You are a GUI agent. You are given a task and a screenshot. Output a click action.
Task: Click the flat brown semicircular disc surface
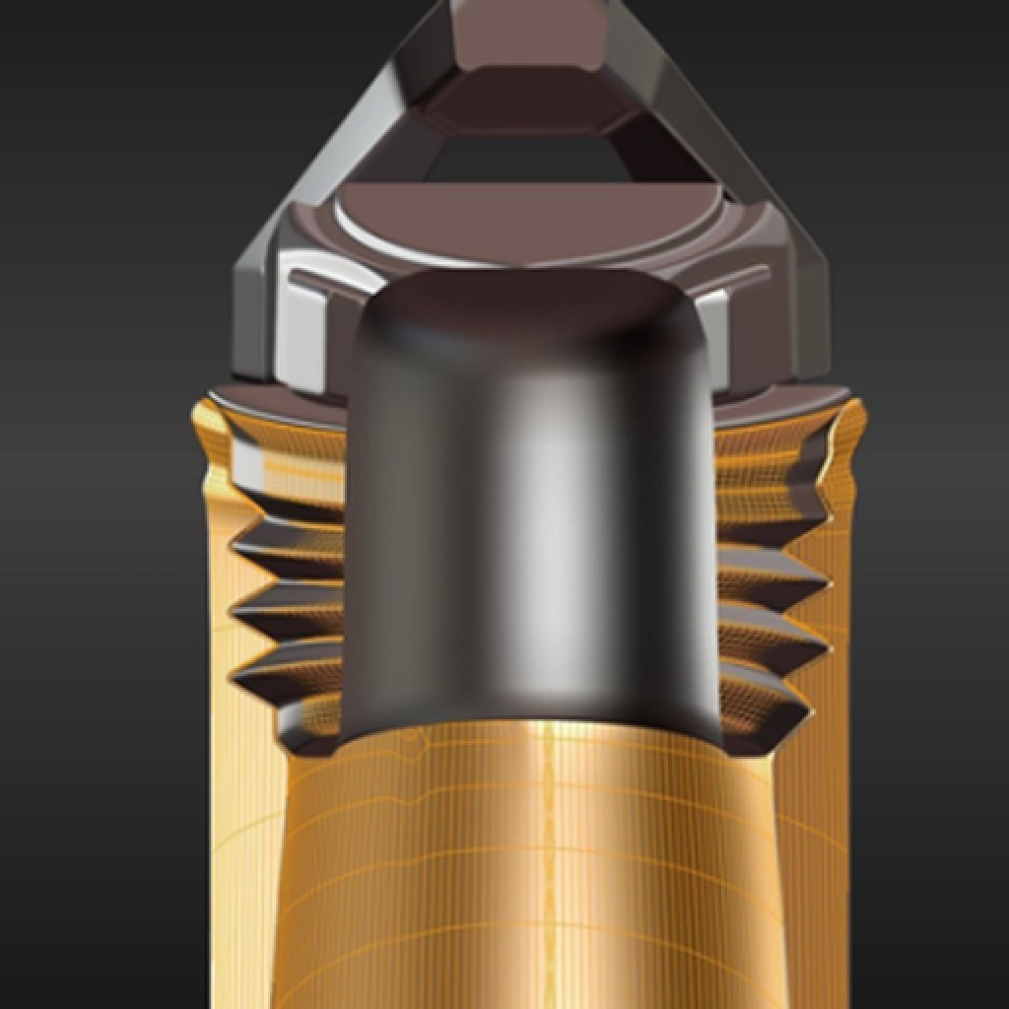532,212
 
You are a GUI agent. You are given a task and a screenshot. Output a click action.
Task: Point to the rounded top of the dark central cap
532,296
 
